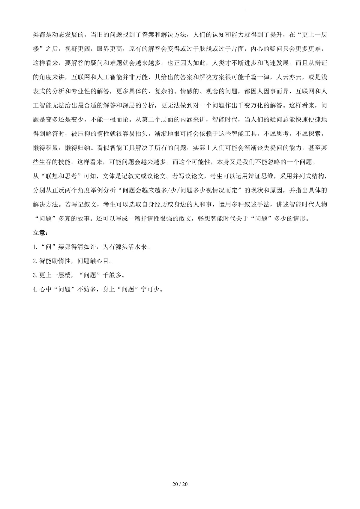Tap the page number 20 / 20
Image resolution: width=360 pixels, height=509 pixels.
click(x=180, y=484)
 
